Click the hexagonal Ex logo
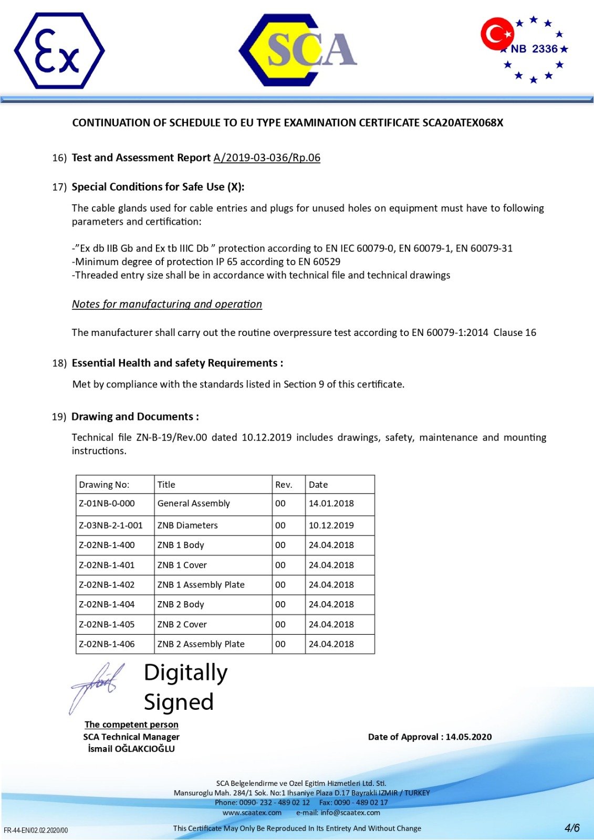tap(59, 51)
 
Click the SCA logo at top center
tap(298, 50)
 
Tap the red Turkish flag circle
tap(496, 34)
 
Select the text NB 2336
tap(534, 49)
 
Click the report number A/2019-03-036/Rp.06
tap(267, 157)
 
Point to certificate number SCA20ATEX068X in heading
tap(463, 123)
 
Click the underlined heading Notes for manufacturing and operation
tap(167, 304)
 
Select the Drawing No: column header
tap(104, 485)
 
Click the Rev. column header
tap(284, 485)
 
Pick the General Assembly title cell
tap(194, 503)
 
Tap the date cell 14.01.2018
tap(331, 503)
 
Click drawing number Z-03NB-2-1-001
tap(111, 525)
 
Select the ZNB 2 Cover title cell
tap(182, 624)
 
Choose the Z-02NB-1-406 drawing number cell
tap(107, 644)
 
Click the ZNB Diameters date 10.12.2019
tap(331, 525)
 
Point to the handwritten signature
tap(98, 685)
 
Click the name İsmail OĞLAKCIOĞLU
tap(131, 749)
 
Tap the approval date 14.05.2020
tap(468, 737)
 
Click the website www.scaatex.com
tap(252, 813)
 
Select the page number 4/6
tap(572, 828)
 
